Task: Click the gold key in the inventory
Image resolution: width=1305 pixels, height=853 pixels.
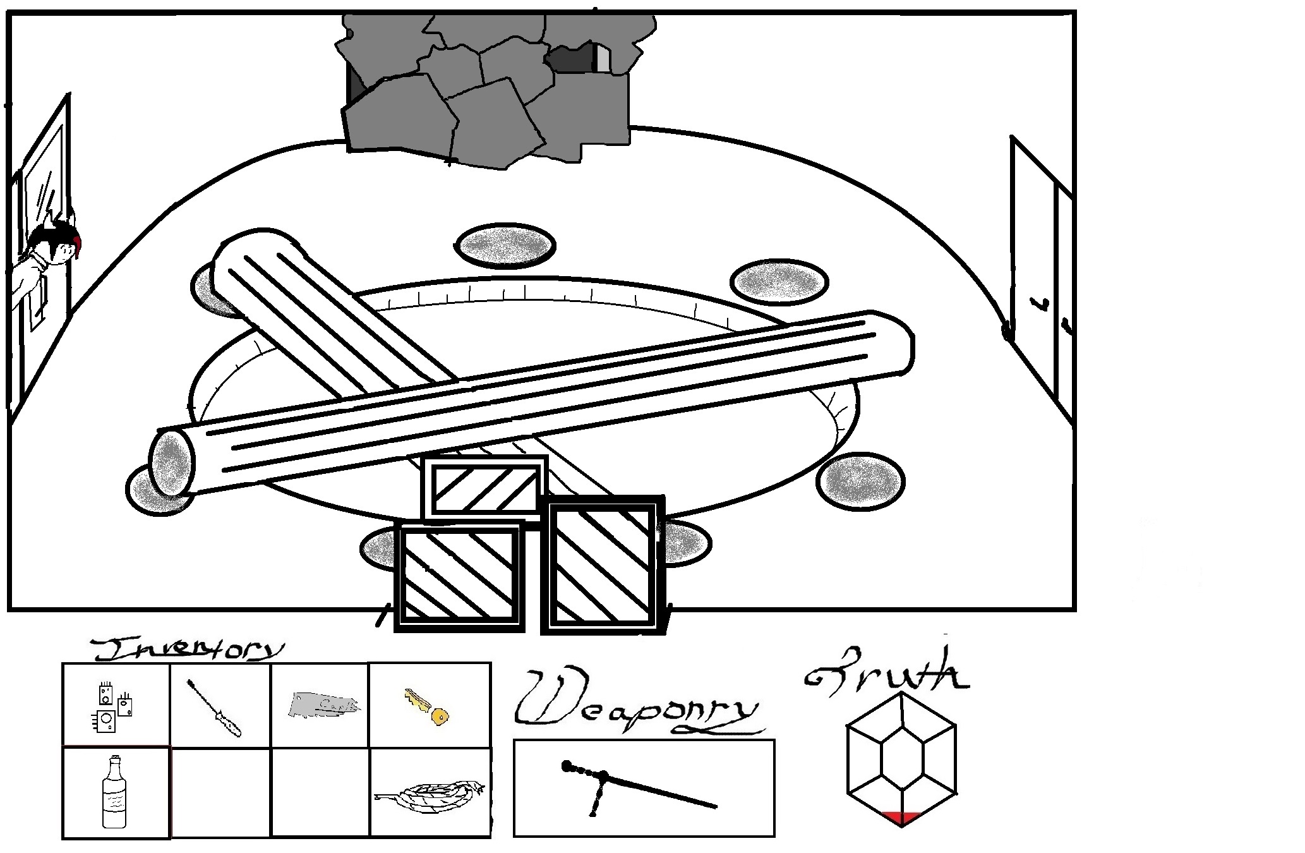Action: [x=426, y=707]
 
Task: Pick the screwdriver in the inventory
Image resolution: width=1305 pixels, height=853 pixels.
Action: [x=215, y=708]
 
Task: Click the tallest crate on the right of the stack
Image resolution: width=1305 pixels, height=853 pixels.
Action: [x=603, y=564]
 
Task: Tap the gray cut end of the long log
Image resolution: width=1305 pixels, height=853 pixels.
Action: [x=172, y=461]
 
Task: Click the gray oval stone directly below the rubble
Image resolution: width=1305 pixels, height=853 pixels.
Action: [x=505, y=245]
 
